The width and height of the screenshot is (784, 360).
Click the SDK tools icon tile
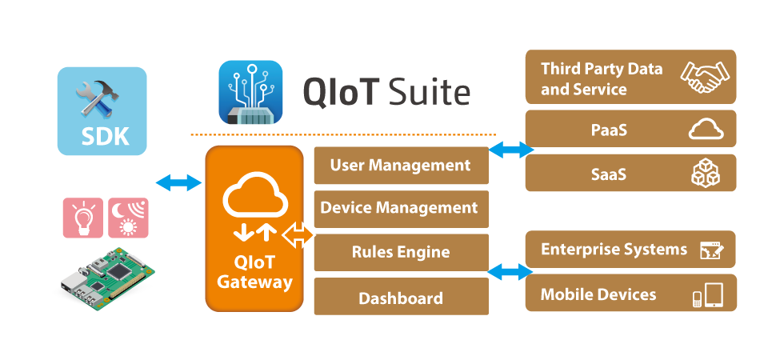(102, 110)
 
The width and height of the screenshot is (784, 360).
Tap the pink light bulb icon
(83, 218)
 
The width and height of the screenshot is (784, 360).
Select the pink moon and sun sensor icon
(128, 218)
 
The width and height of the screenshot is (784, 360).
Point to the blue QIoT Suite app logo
(250, 92)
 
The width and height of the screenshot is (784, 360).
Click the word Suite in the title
(428, 93)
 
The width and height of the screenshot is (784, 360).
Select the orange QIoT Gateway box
(254, 228)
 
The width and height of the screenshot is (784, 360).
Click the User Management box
(401, 166)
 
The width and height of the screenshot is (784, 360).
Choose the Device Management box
(401, 208)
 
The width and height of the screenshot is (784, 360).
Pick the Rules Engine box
(401, 252)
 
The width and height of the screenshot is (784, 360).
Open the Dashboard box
(401, 298)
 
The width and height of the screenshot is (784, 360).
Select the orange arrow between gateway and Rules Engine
(298, 237)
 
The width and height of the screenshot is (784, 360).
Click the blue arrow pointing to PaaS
(511, 149)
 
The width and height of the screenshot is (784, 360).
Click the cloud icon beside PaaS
(705, 130)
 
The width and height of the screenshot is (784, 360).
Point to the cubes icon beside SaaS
(706, 173)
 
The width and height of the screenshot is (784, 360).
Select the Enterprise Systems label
(614, 249)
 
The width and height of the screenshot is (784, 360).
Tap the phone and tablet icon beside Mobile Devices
(707, 295)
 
